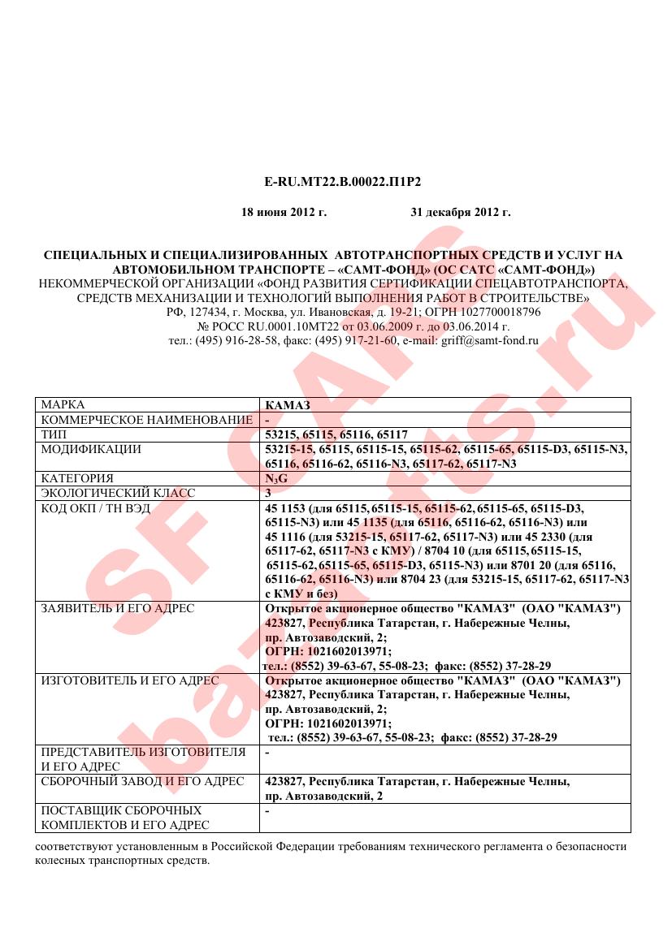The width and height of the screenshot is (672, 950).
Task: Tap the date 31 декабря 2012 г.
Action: click(460, 213)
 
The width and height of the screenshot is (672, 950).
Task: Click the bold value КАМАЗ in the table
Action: click(288, 404)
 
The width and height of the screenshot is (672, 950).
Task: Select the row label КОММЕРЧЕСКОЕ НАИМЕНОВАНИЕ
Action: click(146, 420)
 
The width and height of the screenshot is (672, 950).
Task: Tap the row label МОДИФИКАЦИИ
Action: click(91, 449)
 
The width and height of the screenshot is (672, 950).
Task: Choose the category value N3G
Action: click(276, 478)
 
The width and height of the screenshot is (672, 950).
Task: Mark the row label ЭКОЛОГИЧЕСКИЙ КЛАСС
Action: click(118, 493)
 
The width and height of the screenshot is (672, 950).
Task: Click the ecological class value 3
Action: click(268, 493)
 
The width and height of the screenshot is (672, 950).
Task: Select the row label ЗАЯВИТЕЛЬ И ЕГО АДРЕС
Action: click(118, 608)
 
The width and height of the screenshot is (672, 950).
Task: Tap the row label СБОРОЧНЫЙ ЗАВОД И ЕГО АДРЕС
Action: click(142, 781)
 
